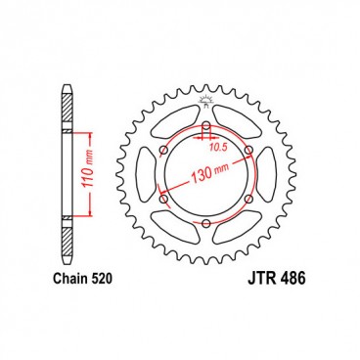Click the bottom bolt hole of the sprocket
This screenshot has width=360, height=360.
point(206,223)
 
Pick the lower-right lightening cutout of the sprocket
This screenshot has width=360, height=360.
point(239,230)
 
